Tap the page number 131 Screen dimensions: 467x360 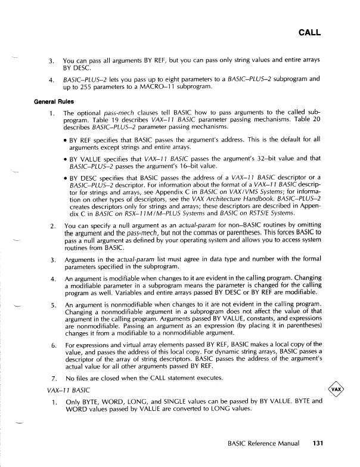tap(316, 444)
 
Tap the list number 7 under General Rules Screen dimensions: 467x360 tap(54, 379)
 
